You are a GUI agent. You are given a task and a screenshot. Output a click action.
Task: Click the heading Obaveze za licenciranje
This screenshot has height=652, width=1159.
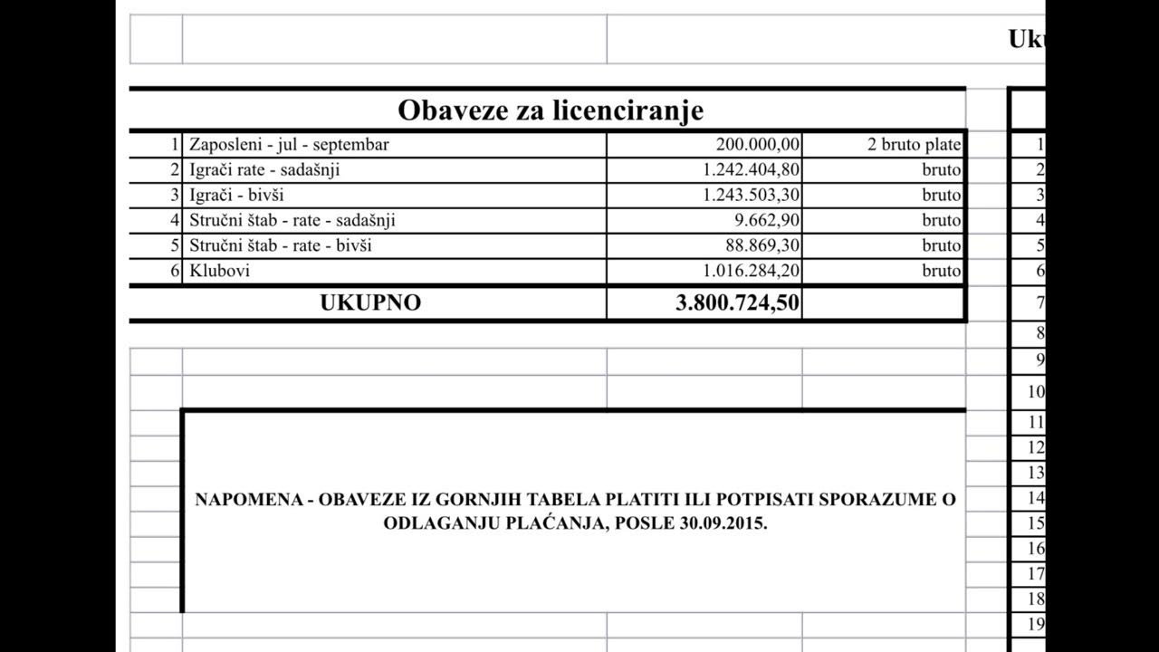(x=551, y=110)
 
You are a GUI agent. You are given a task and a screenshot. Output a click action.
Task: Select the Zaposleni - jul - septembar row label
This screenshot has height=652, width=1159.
(x=289, y=144)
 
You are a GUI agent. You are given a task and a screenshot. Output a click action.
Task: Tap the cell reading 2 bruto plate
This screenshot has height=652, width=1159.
(x=915, y=144)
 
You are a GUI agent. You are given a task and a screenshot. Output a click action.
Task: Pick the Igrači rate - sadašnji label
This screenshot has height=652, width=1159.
(x=264, y=169)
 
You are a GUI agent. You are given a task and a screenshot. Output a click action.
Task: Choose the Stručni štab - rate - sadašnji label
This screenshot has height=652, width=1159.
(x=292, y=220)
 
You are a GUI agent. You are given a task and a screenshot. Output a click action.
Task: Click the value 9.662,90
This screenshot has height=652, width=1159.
(x=767, y=220)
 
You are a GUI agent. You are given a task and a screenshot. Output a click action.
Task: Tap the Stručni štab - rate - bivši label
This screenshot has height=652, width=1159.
(x=280, y=245)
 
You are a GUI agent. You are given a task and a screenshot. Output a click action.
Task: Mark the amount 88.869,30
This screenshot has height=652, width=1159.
(x=763, y=245)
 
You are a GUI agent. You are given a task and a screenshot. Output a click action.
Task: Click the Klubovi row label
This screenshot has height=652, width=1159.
(x=219, y=271)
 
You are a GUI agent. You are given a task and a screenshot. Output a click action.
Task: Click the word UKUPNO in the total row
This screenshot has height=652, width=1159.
(x=370, y=303)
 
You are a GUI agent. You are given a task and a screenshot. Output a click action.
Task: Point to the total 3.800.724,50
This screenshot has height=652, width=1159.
(x=737, y=303)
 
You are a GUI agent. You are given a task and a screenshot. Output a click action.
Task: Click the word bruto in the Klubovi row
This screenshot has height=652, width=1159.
(x=942, y=271)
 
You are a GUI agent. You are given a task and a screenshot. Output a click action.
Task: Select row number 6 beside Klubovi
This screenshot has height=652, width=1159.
(x=176, y=271)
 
